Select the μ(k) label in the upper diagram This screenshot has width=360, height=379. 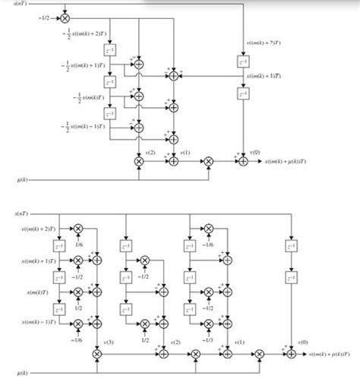[22, 179]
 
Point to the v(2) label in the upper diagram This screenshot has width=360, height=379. [150, 153]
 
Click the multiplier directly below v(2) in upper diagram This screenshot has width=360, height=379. [139, 161]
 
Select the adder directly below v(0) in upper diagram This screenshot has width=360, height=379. [243, 161]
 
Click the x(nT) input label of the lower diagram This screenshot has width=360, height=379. [19, 214]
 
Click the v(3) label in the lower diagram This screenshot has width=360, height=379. [108, 344]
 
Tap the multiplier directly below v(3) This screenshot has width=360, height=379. [96, 354]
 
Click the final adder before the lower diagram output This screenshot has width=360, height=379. [291, 354]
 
